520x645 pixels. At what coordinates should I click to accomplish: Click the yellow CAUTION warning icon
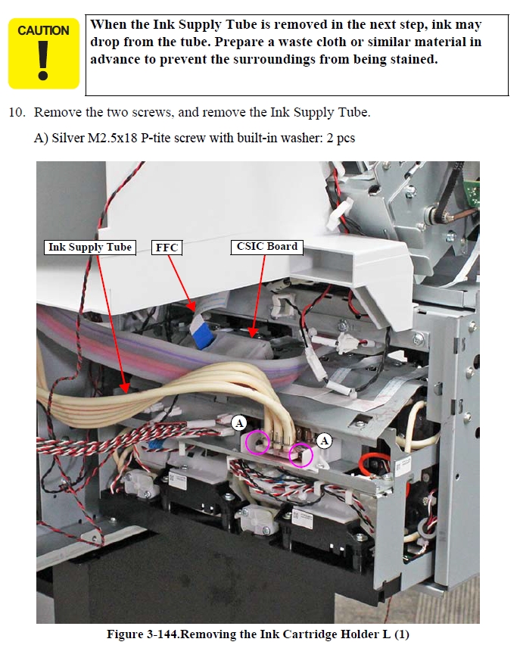(44, 54)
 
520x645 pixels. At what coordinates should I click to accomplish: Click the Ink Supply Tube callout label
(89, 248)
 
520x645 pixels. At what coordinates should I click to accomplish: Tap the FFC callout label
(167, 248)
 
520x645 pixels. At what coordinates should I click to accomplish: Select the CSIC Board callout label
(266, 247)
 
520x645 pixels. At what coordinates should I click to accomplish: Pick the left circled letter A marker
(238, 422)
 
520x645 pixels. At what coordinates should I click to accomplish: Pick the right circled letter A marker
(324, 441)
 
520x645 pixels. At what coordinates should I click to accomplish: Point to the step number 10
(17, 112)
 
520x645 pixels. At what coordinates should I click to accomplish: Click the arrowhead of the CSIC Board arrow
(252, 332)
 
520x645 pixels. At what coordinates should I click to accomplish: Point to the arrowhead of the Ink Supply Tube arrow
(125, 387)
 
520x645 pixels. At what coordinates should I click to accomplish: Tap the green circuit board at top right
(472, 192)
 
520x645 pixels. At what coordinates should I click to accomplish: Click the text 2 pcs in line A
(341, 139)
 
